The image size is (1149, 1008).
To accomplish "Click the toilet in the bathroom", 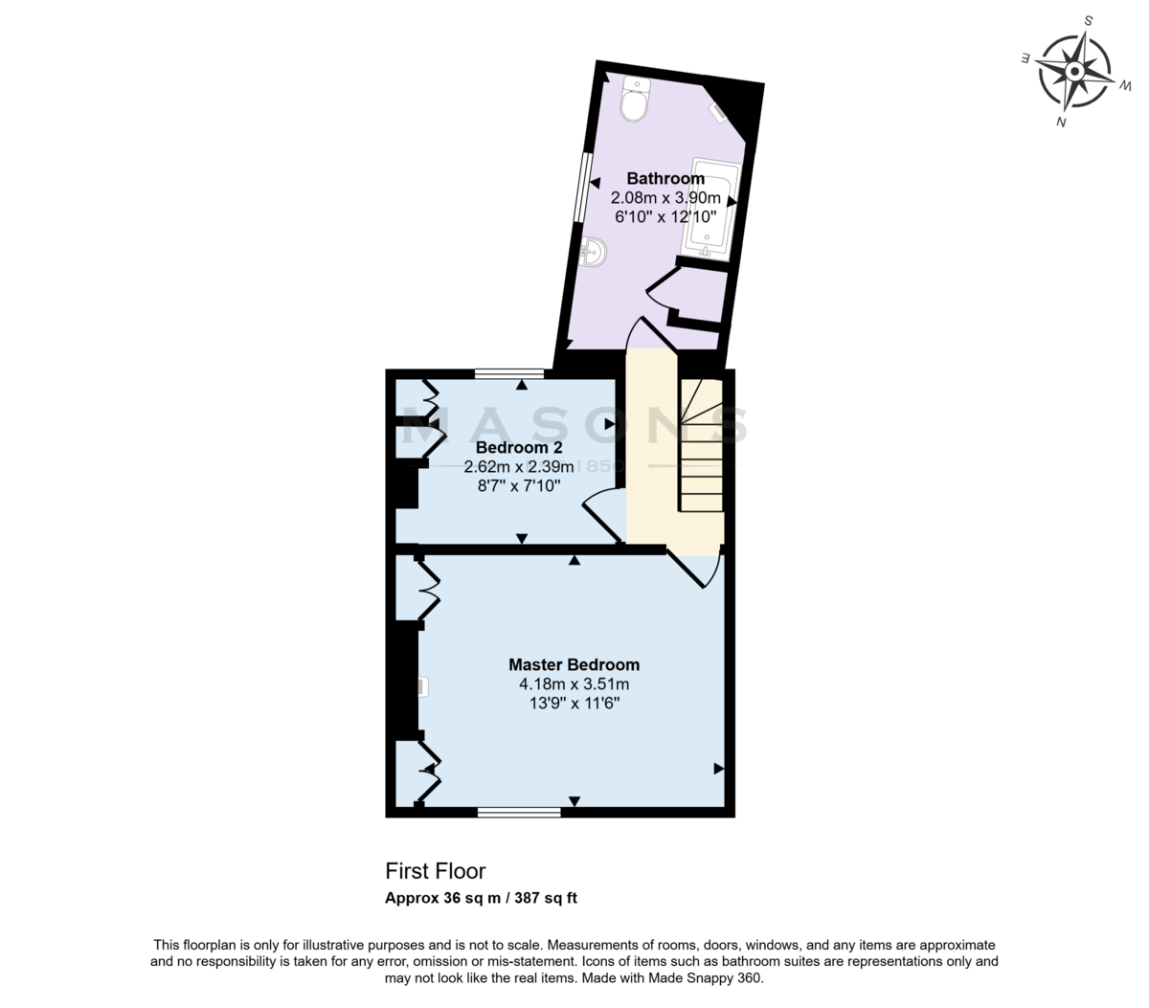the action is (x=634, y=100).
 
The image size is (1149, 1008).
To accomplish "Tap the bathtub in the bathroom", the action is (x=711, y=210).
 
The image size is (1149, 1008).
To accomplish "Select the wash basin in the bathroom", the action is (x=594, y=252).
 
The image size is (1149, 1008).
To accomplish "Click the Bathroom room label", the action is (x=665, y=178).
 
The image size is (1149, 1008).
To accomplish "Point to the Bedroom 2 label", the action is (x=518, y=447).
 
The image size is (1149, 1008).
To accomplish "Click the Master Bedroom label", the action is (x=574, y=664).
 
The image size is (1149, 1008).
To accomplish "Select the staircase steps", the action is (x=702, y=445).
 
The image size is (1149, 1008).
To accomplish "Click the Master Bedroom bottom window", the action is (x=518, y=813).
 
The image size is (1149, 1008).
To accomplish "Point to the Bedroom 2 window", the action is (x=508, y=373).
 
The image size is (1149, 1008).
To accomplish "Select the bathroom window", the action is (x=581, y=187).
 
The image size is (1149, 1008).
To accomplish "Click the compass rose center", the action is (x=1073, y=72).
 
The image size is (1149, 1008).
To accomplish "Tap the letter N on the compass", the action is (x=1061, y=122).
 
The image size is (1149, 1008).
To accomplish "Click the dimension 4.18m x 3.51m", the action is (x=574, y=683).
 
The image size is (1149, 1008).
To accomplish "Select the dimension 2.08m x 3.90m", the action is (x=665, y=198).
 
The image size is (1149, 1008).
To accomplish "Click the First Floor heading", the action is (x=435, y=871).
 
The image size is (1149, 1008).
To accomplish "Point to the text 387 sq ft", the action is (x=546, y=898).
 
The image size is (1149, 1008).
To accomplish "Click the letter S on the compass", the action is (x=1089, y=21).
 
